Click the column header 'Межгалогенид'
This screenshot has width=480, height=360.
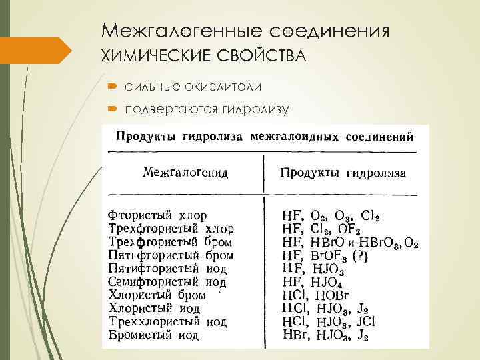pyautogui.click(x=185, y=173)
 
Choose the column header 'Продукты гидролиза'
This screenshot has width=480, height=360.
pyautogui.click(x=343, y=173)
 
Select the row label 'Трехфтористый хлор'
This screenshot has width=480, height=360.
pyautogui.click(x=171, y=229)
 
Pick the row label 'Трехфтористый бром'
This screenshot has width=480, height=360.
pyautogui.click(x=171, y=242)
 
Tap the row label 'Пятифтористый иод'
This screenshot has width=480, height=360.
pyautogui.click(x=167, y=269)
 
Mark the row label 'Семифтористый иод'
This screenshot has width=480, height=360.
pyautogui.click(x=167, y=282)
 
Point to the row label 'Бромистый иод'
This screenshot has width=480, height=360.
pyautogui.click(x=153, y=335)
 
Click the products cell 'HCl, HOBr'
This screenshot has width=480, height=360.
pyautogui.click(x=313, y=295)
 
